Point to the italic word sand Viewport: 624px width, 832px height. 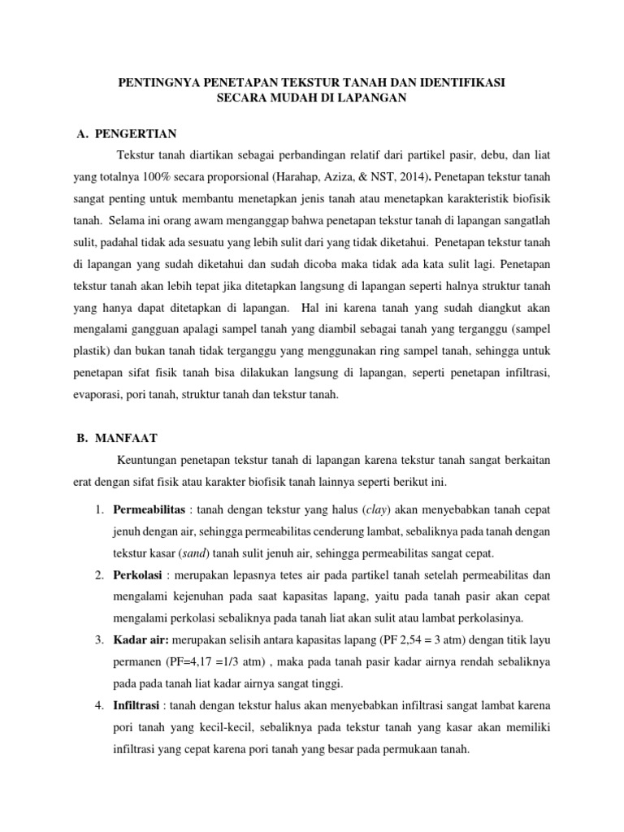click(x=193, y=553)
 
